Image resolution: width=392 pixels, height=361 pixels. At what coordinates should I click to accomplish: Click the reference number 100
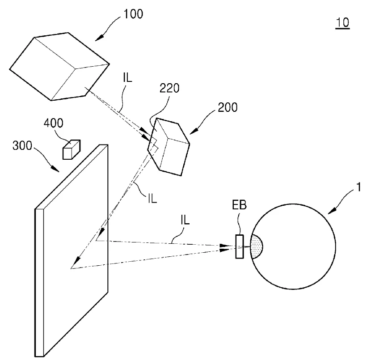[x=134, y=14]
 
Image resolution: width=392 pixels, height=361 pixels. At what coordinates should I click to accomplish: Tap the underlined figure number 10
[x=342, y=22]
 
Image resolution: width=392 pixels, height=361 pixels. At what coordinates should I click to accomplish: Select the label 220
[x=169, y=88]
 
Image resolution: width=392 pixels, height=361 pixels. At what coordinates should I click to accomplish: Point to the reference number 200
[x=228, y=107]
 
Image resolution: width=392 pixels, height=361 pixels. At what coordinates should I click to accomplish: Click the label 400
[x=54, y=123]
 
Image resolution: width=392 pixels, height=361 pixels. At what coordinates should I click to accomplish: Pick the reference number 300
[x=22, y=145]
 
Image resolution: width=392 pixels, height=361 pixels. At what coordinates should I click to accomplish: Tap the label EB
[x=239, y=205]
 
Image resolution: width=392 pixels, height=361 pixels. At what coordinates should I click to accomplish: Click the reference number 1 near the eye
[x=359, y=187]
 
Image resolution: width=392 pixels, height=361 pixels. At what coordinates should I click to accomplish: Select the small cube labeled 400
[x=71, y=149]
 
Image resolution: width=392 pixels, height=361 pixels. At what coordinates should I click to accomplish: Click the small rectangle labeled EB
[x=240, y=246]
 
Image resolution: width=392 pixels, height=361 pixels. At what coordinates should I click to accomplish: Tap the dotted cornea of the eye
[x=257, y=246]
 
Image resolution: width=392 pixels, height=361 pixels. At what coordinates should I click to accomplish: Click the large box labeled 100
[x=59, y=67]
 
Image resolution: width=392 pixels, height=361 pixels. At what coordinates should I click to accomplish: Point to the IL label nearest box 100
[x=127, y=78]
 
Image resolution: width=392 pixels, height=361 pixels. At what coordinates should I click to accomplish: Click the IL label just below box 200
[x=152, y=199]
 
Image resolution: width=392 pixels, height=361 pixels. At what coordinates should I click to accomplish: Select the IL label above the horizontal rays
[x=185, y=220]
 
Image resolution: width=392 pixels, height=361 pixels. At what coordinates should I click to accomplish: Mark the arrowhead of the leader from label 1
[x=332, y=211]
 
